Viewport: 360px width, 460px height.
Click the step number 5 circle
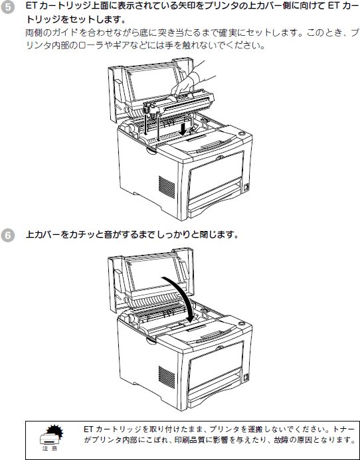pos(7,8)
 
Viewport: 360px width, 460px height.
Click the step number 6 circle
pos(7,236)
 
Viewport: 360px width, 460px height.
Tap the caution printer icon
pos(51,434)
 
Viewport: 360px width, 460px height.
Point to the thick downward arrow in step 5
pos(183,129)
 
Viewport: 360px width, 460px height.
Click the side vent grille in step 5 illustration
pos(167,187)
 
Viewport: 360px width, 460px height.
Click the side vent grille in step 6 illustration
pos(167,377)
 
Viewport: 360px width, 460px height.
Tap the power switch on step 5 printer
pos(246,187)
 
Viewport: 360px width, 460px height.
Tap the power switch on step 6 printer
pos(246,378)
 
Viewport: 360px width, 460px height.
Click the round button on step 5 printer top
pos(241,134)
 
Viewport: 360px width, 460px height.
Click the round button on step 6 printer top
pos(241,324)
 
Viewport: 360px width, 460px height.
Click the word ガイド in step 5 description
pos(66,33)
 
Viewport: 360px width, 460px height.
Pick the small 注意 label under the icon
pos(50,449)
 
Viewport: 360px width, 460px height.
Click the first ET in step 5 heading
pos(31,6)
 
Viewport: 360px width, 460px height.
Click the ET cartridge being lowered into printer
pos(178,104)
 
